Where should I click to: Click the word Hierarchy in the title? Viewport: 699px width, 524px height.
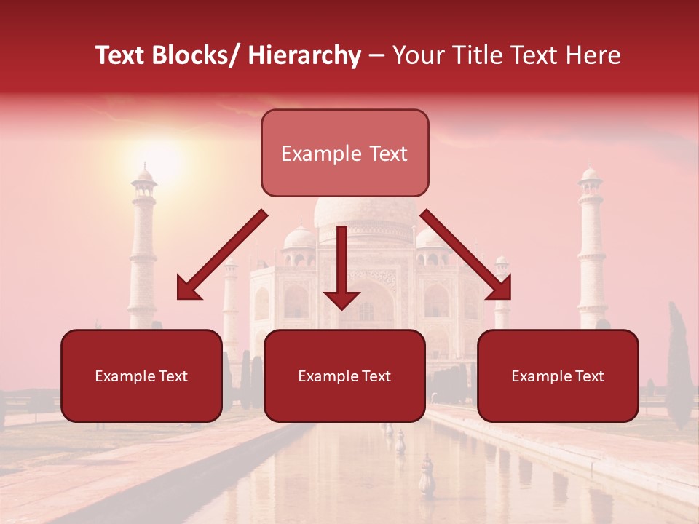tap(304, 55)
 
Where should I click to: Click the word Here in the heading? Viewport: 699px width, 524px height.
tap(594, 55)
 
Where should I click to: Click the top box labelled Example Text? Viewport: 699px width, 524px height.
tap(344, 153)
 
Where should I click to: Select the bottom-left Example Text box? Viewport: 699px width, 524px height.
tap(141, 376)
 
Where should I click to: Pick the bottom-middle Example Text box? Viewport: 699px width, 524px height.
tap(344, 376)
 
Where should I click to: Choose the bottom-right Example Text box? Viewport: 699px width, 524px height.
tap(558, 376)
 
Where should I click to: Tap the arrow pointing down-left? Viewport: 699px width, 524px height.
tap(218, 258)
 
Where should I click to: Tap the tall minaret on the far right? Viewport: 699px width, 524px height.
tap(591, 247)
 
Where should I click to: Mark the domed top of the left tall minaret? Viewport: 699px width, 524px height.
tap(144, 176)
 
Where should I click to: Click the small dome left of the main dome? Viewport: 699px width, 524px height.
tap(299, 238)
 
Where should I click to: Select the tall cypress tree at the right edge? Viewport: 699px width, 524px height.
tap(679, 368)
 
